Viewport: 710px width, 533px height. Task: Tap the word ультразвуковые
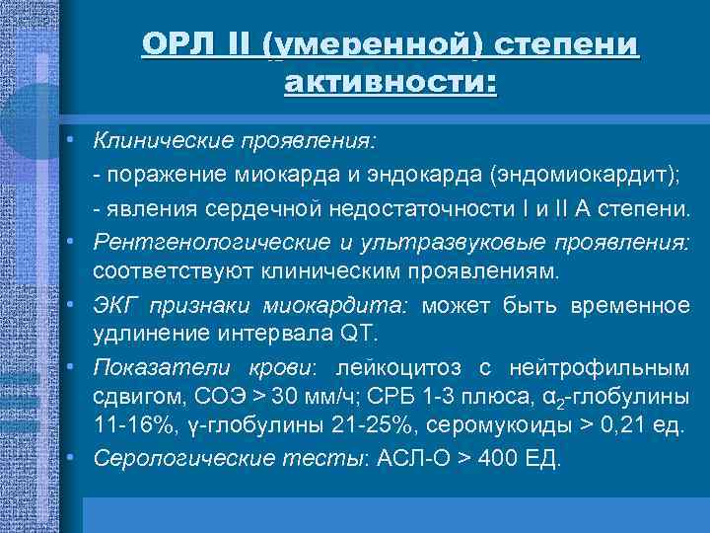464,241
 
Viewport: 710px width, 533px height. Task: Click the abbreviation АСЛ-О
403,459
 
